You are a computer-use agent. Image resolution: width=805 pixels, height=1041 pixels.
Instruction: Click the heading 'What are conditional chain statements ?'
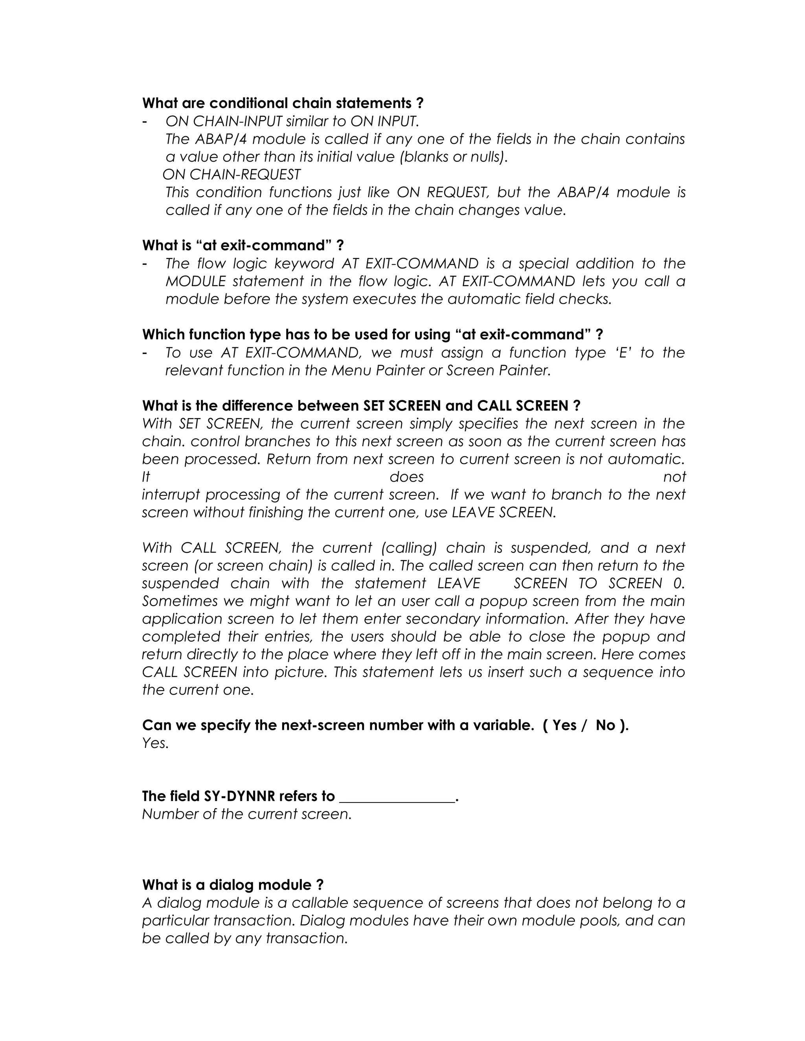283,103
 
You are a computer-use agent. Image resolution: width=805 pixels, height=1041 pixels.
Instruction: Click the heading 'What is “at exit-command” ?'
243,246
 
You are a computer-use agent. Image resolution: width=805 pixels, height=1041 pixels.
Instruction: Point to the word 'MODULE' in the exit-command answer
195,282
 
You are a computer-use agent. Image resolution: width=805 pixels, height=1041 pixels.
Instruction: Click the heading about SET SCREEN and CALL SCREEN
361,406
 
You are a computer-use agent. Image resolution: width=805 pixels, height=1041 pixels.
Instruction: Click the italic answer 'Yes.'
156,743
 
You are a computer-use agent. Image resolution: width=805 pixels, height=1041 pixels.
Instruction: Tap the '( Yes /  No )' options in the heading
585,725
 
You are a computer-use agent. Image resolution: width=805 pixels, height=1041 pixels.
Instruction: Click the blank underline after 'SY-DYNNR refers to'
397,797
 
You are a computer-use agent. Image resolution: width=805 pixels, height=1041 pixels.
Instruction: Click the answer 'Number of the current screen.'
246,814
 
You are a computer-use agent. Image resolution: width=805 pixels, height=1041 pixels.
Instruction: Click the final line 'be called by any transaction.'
244,938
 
